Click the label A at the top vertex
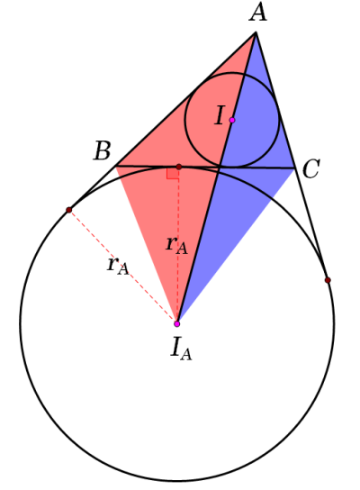[x=258, y=14]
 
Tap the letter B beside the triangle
[x=102, y=150]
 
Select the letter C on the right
[x=311, y=169]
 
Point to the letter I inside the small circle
[x=220, y=115]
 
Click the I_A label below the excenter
[x=181, y=350]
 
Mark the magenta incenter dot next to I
[x=232, y=120]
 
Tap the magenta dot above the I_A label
[x=177, y=323]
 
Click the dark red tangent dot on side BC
[x=178, y=167]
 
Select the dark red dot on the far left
[x=69, y=210]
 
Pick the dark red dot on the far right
[x=328, y=280]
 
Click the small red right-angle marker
[x=173, y=173]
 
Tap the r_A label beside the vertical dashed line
[x=176, y=245]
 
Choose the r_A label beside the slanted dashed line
[x=118, y=267]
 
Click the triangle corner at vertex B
[x=116, y=166]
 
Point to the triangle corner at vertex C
[x=294, y=168]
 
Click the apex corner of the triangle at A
[x=256, y=32]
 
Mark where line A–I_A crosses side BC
[x=220, y=168]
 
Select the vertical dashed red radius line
[x=178, y=245]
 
